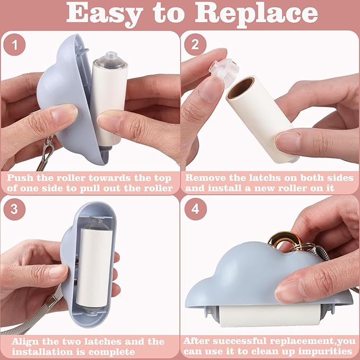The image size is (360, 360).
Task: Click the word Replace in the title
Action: [x=257, y=14]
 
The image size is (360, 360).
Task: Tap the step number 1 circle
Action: [x=14, y=45]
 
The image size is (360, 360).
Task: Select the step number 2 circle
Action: [x=195, y=45]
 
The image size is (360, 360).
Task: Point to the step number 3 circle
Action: [x=14, y=209]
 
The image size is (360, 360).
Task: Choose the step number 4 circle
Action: [x=196, y=209]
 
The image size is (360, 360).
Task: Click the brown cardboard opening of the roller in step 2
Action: [x=241, y=87]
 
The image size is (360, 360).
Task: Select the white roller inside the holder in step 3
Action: [x=94, y=267]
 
